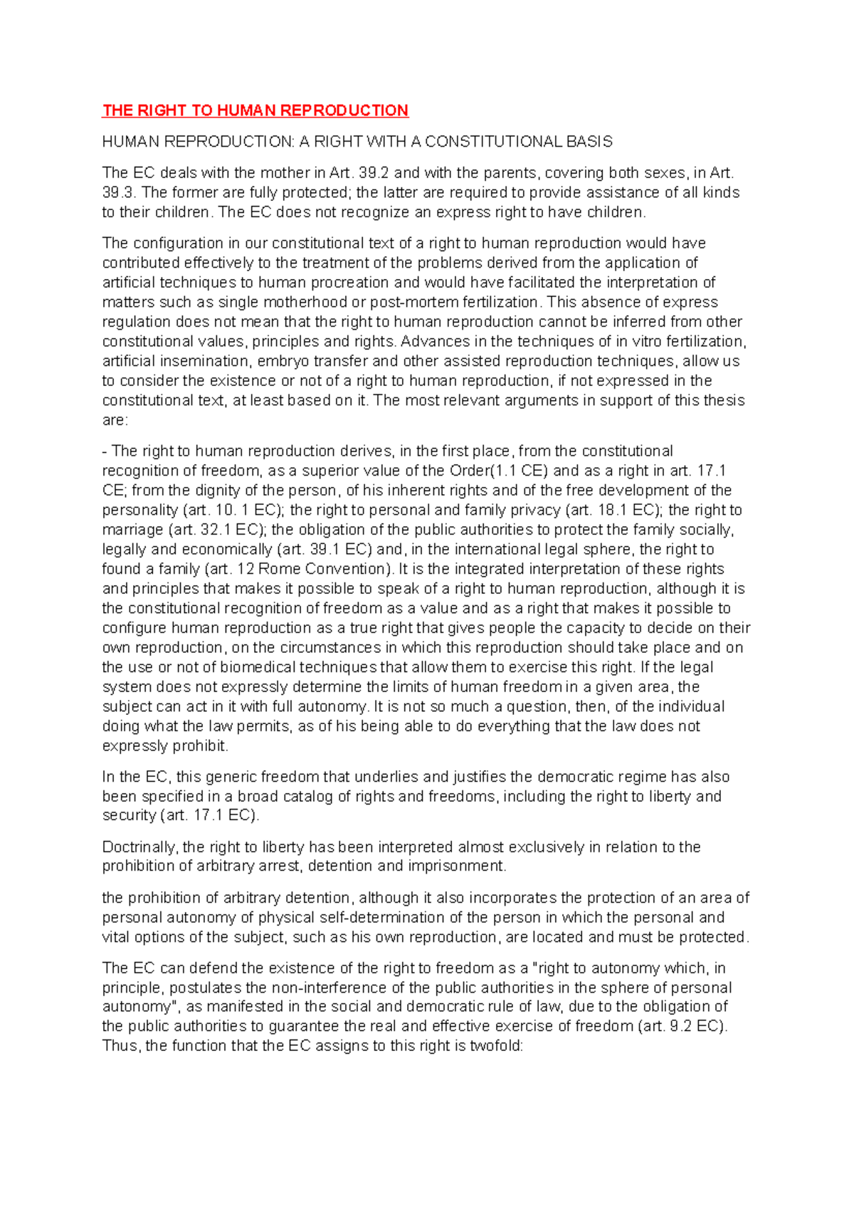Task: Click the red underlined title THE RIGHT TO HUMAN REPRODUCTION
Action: pos(255,110)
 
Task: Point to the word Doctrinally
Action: pos(139,847)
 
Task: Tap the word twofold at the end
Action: pos(495,1046)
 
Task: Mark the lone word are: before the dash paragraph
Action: pos(115,420)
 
